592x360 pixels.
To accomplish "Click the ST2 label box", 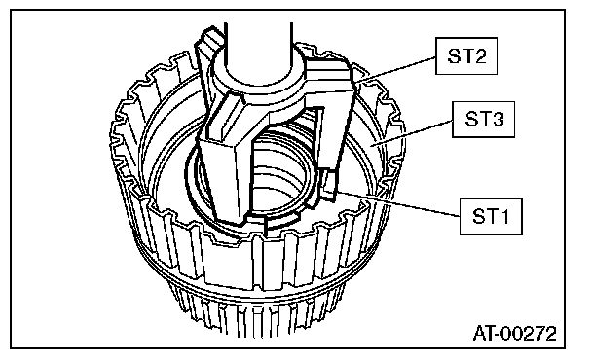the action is point(465,55).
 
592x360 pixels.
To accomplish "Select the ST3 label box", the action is point(483,120).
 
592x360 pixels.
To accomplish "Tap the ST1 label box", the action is point(491,217).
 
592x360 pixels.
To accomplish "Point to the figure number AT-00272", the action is point(515,333).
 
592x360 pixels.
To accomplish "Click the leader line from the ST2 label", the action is point(395,69).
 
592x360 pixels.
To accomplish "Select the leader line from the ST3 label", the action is point(412,133).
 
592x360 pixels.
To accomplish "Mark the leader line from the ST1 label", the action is point(397,204).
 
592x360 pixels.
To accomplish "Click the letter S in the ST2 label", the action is point(454,56).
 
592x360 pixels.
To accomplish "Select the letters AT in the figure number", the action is point(484,333).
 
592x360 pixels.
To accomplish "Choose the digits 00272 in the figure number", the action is point(530,333).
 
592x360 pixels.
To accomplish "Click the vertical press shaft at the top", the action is point(258,47).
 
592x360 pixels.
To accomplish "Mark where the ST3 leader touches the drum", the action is point(371,146).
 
